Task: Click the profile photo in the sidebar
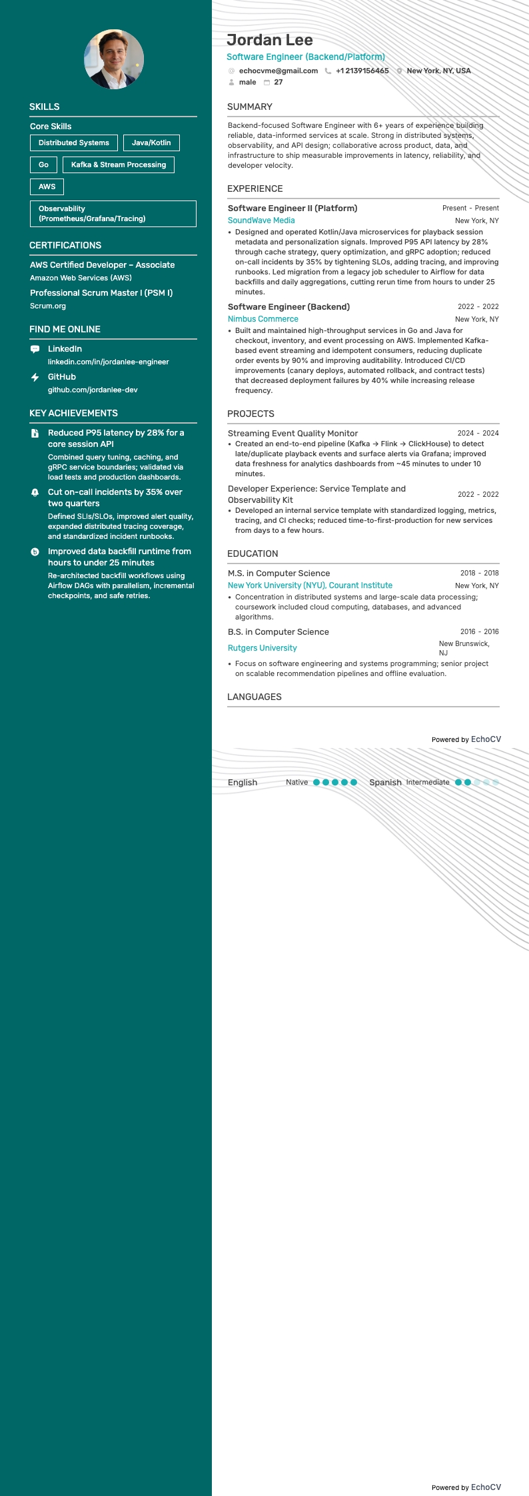[x=114, y=59]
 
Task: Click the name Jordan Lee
[x=270, y=40]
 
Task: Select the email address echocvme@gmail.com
[x=278, y=71]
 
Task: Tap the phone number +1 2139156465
[x=362, y=71]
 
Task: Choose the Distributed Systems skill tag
[x=74, y=143]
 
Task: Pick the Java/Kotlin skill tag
[x=151, y=143]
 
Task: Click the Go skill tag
[x=43, y=165]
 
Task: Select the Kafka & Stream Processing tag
[x=119, y=165]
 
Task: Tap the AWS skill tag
[x=47, y=187]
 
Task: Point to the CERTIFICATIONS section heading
[x=65, y=245]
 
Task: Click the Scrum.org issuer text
[x=48, y=306]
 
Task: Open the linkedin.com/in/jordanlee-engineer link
[x=109, y=362]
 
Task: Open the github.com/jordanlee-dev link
[x=93, y=390]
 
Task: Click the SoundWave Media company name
[x=261, y=220]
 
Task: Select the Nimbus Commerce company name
[x=263, y=319]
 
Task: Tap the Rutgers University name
[x=263, y=648]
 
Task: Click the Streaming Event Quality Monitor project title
[x=292, y=433]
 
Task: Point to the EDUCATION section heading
[x=253, y=554]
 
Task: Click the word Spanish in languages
[x=385, y=783]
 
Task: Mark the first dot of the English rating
[x=316, y=783]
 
